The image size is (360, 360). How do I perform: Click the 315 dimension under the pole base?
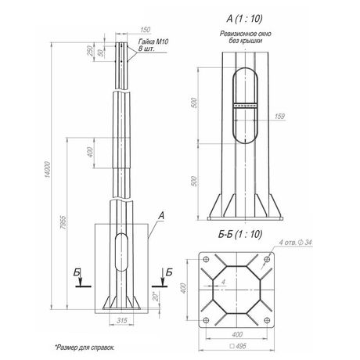(x=121, y=319)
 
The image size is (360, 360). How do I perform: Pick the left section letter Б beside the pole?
(x=74, y=270)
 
